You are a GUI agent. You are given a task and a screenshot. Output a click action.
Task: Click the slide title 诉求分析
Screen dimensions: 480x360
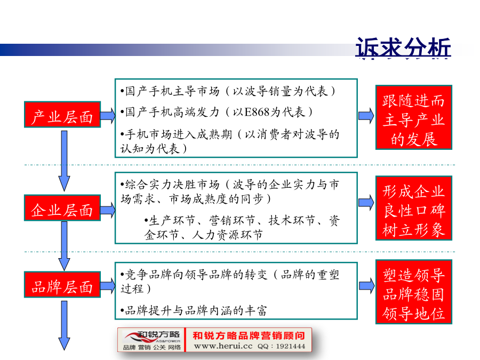click(403, 47)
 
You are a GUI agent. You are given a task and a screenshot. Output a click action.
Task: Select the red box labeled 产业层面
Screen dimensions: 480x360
click(62, 115)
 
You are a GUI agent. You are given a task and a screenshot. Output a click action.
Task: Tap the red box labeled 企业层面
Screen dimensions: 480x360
click(62, 208)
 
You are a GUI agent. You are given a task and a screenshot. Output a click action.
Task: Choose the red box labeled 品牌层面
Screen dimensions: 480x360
click(62, 285)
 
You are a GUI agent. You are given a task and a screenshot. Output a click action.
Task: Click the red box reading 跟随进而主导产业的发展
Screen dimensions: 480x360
click(414, 117)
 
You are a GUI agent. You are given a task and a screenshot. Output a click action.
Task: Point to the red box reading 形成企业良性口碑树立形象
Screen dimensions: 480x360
click(414, 208)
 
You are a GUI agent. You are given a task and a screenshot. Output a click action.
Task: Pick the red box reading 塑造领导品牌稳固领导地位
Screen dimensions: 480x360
click(414, 292)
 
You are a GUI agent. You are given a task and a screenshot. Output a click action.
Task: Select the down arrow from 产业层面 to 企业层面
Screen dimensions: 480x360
click(65, 161)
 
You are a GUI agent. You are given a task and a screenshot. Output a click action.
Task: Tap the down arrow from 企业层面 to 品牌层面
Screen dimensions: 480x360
click(65, 246)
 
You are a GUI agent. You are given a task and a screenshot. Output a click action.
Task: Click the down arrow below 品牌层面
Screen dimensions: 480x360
click(65, 325)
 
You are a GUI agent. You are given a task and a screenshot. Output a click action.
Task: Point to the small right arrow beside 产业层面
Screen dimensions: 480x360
click(108, 115)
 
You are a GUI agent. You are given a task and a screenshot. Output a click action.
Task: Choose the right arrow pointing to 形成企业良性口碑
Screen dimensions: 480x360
click(366, 202)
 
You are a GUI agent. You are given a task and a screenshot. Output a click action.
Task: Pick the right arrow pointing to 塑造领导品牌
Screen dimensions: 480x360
click(366, 286)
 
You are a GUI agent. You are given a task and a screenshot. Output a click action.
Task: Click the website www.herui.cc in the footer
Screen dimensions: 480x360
click(223, 346)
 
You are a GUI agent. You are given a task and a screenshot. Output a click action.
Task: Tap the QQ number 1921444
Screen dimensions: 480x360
click(291, 346)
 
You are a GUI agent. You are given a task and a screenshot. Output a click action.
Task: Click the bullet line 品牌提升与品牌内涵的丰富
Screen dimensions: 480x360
click(194, 311)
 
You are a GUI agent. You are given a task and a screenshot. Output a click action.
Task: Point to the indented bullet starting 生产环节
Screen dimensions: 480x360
click(242, 227)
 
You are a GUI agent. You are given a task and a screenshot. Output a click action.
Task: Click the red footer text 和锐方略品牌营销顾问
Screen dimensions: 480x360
click(249, 335)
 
